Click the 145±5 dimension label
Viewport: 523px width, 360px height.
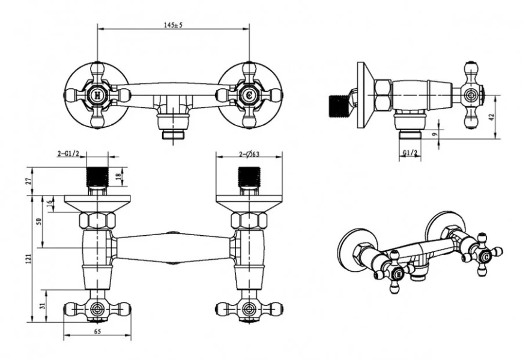174,25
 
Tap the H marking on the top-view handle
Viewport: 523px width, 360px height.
97,95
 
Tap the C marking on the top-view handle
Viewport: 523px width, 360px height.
249,95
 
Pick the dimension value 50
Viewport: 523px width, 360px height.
39,221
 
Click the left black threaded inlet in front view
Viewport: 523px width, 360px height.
97,177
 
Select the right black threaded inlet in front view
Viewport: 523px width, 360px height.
249,177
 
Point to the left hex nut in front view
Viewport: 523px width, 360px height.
97,220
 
